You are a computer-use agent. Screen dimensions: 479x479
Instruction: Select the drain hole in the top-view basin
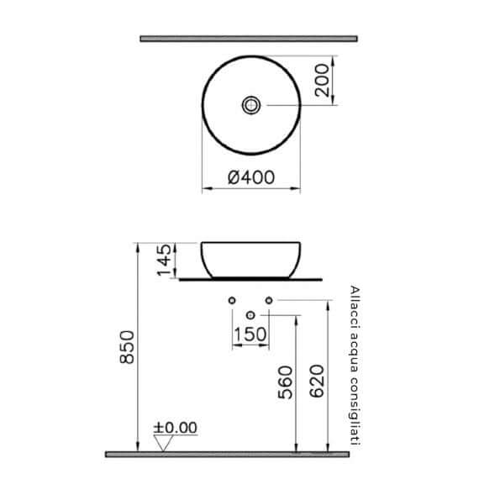pyautogui.click(x=251, y=105)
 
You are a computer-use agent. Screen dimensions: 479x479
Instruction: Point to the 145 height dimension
pyautogui.click(x=166, y=260)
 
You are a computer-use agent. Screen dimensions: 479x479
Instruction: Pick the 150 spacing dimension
pyautogui.click(x=250, y=334)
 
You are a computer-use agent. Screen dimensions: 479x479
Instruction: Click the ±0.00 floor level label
pyautogui.click(x=176, y=428)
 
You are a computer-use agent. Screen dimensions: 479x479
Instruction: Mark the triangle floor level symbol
pyautogui.click(x=162, y=444)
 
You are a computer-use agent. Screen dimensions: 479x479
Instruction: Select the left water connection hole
pyautogui.click(x=231, y=300)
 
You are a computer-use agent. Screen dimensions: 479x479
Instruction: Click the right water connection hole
pyautogui.click(x=270, y=300)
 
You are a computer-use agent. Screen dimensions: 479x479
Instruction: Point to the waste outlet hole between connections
pyautogui.click(x=250, y=315)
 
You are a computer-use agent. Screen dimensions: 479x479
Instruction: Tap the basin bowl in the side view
pyautogui.click(x=251, y=258)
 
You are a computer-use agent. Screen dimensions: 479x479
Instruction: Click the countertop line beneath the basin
pyautogui.click(x=251, y=278)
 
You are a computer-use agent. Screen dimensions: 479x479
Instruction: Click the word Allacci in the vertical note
pyautogui.click(x=354, y=302)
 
